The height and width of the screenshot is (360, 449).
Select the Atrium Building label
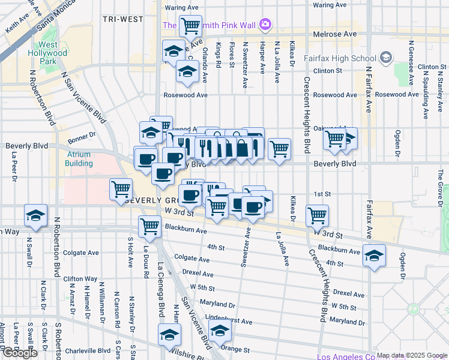[x=79, y=158]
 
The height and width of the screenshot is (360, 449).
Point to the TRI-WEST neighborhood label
[x=123, y=19]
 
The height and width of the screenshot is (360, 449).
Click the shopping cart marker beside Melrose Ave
[x=190, y=26]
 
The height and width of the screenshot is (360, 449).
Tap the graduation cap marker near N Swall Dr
[x=35, y=215]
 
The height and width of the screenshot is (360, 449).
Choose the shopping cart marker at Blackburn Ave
[x=149, y=227]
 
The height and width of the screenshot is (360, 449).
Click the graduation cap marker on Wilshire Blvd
[x=170, y=334]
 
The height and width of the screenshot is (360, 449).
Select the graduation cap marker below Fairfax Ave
[x=374, y=256]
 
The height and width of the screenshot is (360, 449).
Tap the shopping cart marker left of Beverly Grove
[x=121, y=189]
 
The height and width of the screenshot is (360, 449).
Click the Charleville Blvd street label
[x=86, y=351]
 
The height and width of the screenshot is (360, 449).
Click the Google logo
[x=20, y=352]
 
